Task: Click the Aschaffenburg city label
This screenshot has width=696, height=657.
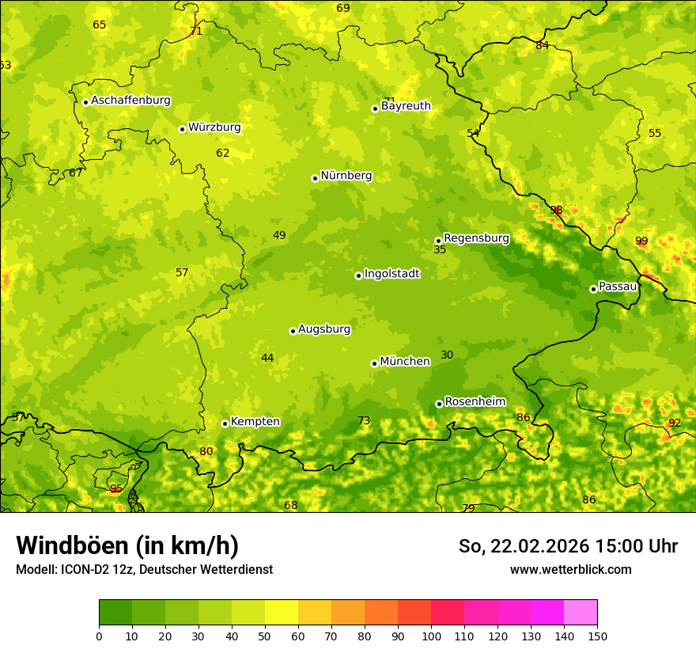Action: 130,101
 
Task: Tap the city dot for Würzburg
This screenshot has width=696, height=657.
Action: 182,129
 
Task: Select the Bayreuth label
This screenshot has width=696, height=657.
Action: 406,105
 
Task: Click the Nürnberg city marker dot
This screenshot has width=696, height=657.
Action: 315,178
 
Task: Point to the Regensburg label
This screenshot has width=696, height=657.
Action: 476,237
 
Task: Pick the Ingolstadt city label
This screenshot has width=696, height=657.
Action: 391,273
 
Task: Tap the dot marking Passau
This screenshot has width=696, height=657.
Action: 593,289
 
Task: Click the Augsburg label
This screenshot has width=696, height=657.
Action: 324,328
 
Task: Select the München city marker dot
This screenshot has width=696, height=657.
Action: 374,363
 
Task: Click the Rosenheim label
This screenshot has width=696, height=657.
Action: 475,401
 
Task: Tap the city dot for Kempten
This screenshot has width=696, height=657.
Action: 225,423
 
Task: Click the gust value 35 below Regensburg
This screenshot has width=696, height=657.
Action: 440,249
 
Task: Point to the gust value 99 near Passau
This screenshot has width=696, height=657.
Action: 641,241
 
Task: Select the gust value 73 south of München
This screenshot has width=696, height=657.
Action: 364,420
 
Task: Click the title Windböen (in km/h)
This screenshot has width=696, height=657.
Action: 127,545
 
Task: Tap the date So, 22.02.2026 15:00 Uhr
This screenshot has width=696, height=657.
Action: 568,546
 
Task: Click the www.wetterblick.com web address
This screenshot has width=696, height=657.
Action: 570,569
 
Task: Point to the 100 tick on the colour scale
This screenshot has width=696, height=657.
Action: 431,636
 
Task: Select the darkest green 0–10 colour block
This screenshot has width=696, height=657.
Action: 115,613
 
